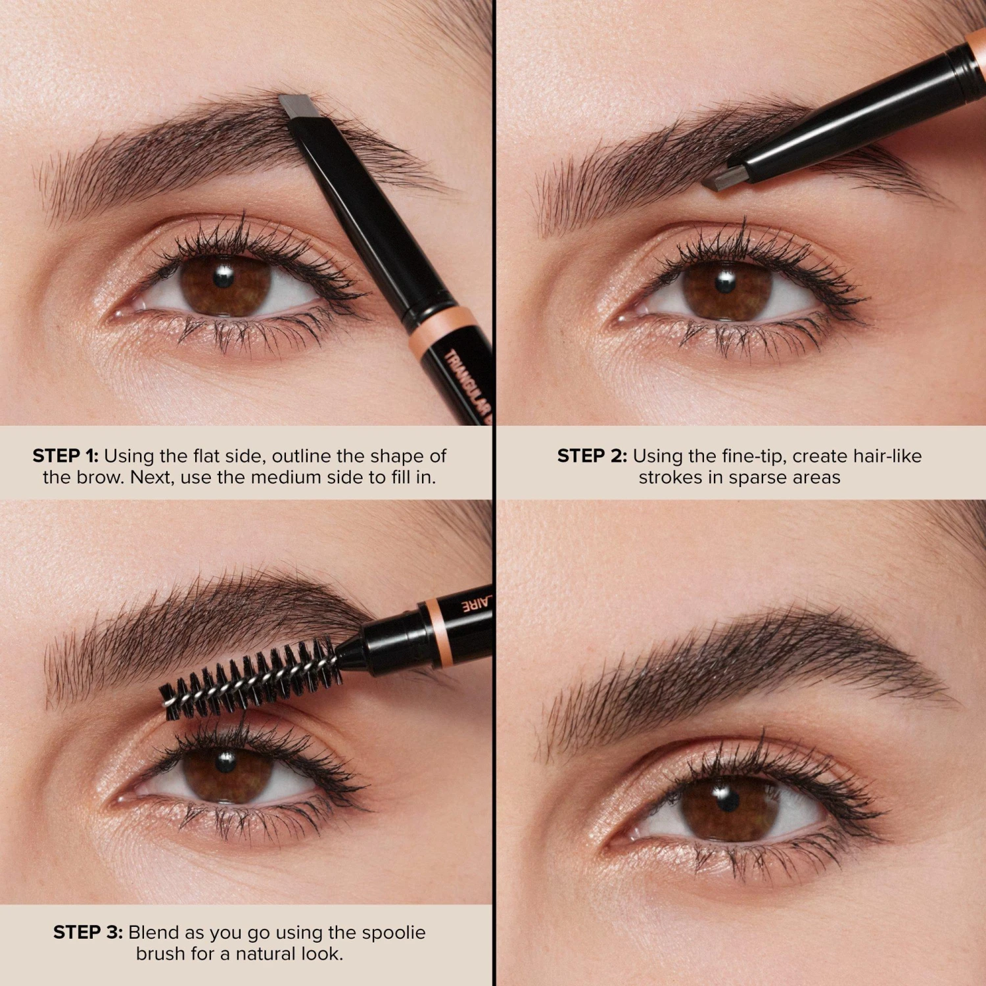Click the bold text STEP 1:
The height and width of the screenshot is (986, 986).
pyautogui.click(x=65, y=456)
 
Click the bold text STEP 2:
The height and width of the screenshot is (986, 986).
pyautogui.click(x=592, y=456)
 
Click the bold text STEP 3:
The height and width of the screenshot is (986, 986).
pyautogui.click(x=87, y=932)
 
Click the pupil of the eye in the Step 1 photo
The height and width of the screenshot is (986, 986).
pyautogui.click(x=223, y=277)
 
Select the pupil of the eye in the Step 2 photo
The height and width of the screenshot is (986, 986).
pyautogui.click(x=725, y=283)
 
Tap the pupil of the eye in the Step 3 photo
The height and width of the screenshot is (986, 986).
pyautogui.click(x=225, y=761)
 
